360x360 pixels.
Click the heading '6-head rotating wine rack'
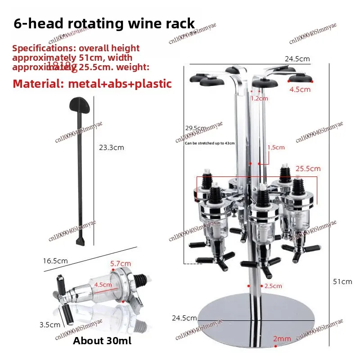[104, 23]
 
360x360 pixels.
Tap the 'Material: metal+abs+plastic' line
[92, 83]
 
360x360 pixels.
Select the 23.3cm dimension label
[111, 147]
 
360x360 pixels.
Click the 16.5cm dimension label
[55, 261]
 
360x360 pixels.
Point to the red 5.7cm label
[121, 263]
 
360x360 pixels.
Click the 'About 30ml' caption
[103, 341]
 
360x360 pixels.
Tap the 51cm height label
[342, 282]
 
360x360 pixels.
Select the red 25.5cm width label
[308, 169]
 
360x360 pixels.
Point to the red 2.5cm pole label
[274, 286]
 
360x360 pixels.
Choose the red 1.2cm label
[259, 98]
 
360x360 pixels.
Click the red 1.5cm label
[276, 147]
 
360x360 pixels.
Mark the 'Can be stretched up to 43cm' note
[210, 143]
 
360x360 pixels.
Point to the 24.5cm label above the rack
[297, 59]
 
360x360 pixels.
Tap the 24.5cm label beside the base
[184, 318]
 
